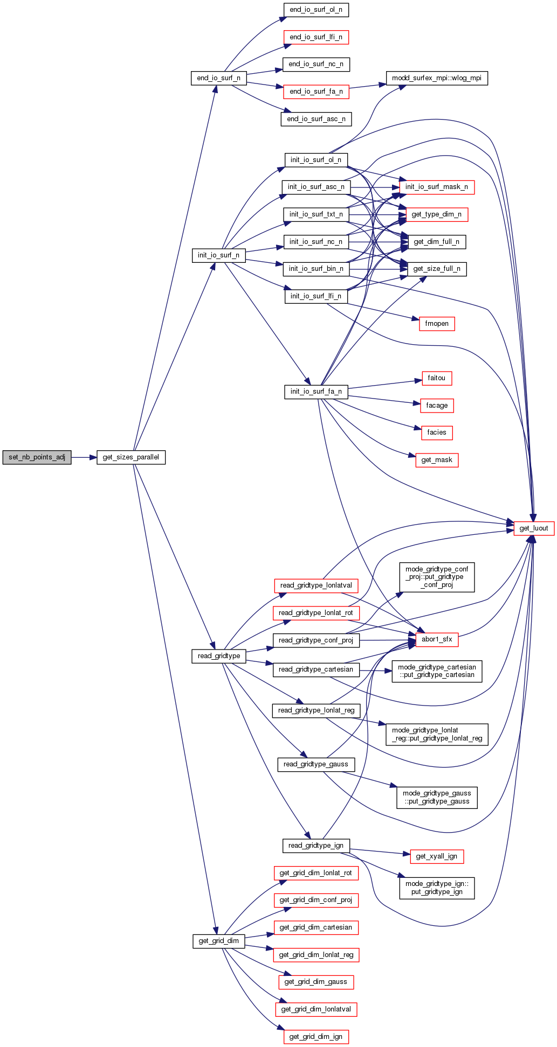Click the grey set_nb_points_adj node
click(37, 457)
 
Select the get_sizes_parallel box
click(130, 457)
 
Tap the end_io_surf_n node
click(218, 78)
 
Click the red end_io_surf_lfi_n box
click(316, 37)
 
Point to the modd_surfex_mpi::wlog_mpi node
click(437, 78)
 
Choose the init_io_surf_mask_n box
click(436, 187)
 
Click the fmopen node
click(437, 324)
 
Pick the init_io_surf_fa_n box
click(316, 392)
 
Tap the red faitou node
click(436, 378)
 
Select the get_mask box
click(437, 460)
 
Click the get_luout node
click(533, 528)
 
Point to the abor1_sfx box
click(437, 639)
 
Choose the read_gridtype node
click(219, 656)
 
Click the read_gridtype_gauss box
click(316, 764)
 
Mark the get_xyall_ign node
click(437, 856)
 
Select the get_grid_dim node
click(219, 941)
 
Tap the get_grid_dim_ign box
click(316, 1037)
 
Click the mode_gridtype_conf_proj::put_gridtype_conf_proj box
click(437, 577)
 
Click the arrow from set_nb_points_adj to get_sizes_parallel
click(84, 457)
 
